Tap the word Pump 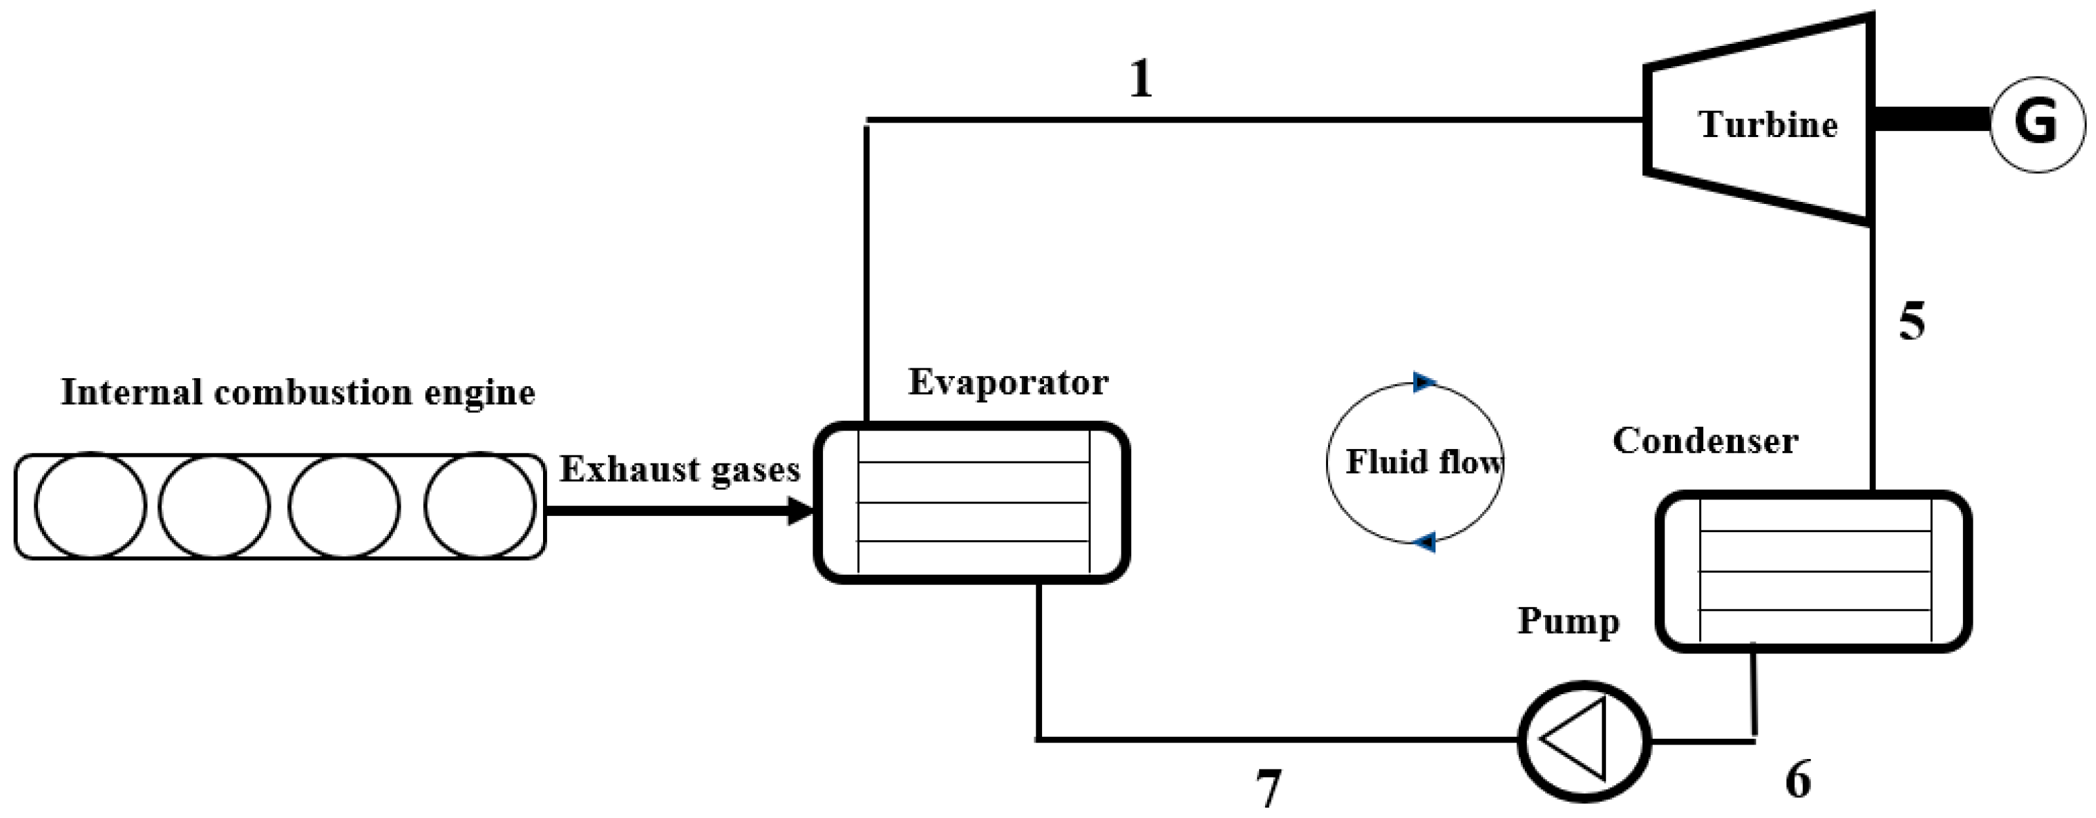1568,621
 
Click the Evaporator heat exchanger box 973,501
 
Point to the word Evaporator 1008,382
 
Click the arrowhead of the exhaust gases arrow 802,511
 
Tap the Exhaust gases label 679,470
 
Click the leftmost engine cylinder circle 91,505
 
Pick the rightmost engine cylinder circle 479,505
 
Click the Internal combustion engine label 298,393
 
